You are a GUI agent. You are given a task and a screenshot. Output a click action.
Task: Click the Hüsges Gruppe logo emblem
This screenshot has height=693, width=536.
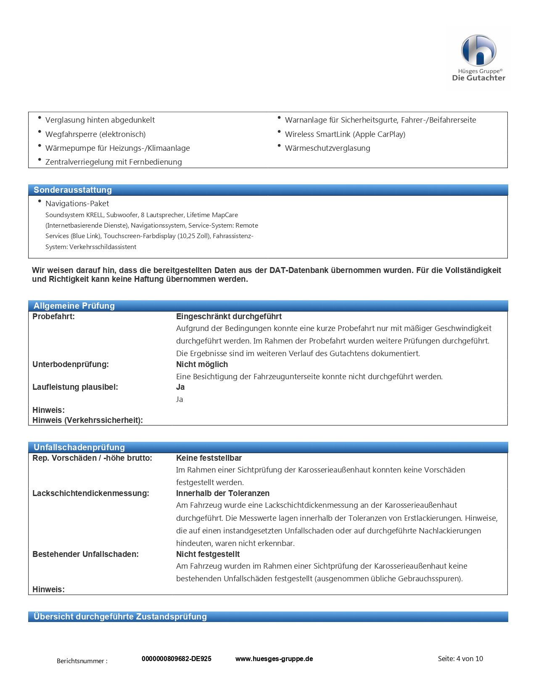pos(478,50)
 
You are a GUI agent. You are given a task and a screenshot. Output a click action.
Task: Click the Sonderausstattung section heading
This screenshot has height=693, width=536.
pos(73,190)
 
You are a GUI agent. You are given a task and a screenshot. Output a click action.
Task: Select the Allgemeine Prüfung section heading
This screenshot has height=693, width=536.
pos(74,306)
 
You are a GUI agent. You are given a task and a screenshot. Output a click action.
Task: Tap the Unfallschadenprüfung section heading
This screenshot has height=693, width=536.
pos(79,447)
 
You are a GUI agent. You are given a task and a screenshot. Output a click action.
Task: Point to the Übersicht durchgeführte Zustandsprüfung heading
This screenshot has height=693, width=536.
pos(120,617)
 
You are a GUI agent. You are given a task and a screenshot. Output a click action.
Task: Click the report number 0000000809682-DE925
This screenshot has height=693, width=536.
pos(177,659)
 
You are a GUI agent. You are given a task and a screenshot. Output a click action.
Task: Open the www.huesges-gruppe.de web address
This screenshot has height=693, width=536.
pos(274,659)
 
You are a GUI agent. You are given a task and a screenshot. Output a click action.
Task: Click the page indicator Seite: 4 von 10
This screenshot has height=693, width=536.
pos(460,659)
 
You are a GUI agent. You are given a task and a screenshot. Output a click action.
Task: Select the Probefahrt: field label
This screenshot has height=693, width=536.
pos(53,317)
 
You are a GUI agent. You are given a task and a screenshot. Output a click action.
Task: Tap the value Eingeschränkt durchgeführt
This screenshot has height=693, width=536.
pos(229,317)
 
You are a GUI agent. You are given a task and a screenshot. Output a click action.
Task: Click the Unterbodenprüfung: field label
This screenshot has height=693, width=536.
pos(71,365)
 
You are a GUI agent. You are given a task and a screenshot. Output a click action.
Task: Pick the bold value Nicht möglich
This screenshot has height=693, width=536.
pos(202,365)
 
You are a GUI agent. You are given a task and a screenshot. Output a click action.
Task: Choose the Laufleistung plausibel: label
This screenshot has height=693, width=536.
pos(75,387)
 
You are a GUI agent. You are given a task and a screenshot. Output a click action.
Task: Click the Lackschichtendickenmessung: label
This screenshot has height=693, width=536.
pos(91,493)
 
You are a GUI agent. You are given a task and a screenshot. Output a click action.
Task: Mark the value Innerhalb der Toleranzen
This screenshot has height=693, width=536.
pos(223,493)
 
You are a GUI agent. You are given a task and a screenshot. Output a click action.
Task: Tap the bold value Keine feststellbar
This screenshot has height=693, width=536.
pos(209,458)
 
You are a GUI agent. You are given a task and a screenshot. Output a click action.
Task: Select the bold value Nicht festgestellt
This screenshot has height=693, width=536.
pos(208,554)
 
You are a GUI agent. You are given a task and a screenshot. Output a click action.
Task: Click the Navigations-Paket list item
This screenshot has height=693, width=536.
pos(77,204)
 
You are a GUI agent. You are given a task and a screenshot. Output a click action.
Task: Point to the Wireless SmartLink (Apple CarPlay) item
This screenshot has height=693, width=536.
pos(345,134)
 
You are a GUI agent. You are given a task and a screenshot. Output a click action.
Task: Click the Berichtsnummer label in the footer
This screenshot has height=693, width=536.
pos(82,661)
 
